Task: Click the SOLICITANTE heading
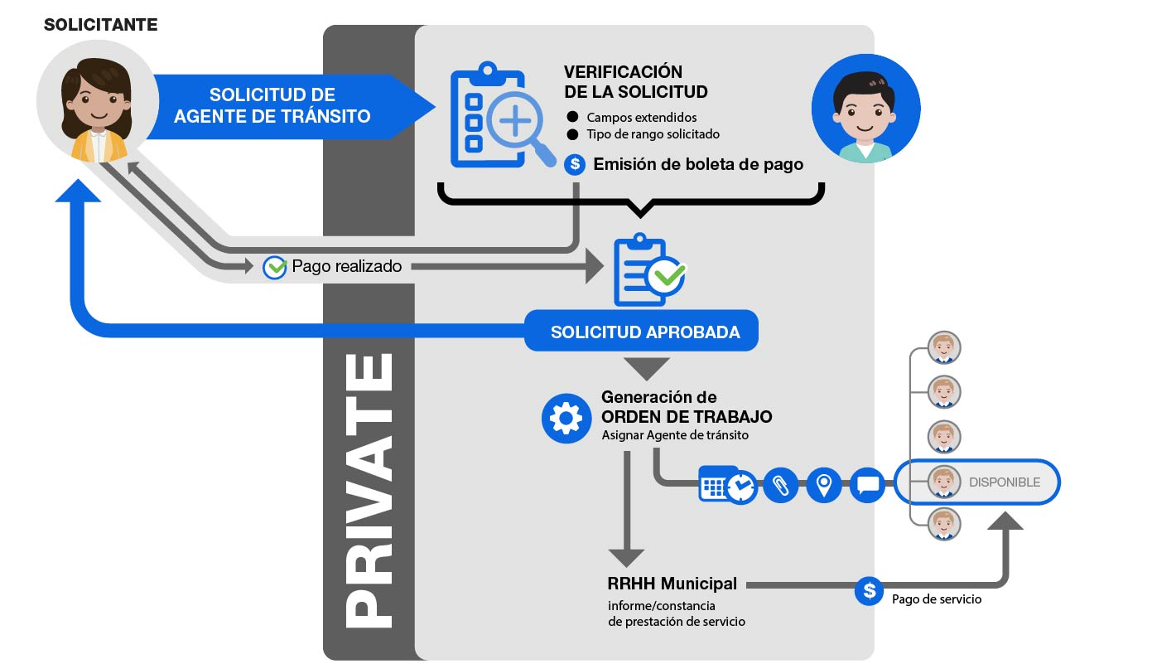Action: point(100,25)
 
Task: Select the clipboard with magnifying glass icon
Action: point(500,117)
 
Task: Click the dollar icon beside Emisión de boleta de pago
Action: point(575,164)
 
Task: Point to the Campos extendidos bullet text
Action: point(641,117)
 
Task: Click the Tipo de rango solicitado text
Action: point(653,134)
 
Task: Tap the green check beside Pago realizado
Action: point(274,267)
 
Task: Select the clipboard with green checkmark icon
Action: point(648,270)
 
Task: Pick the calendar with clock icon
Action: point(726,484)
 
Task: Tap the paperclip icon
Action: point(780,484)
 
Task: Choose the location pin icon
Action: point(823,484)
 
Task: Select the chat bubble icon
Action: point(867,484)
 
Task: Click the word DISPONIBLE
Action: point(1004,482)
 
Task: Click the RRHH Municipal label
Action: point(672,584)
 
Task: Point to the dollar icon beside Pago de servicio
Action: point(869,590)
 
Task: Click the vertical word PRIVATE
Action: point(369,489)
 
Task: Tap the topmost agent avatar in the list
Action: point(943,347)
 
